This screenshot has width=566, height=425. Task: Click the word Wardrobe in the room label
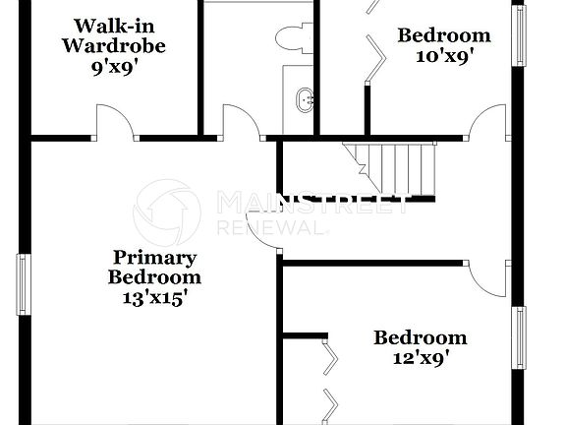pyautogui.click(x=113, y=45)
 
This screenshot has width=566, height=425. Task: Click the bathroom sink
pyautogui.click(x=306, y=98)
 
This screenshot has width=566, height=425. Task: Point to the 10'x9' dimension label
pyautogui.click(x=443, y=56)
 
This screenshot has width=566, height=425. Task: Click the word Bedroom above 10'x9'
pyautogui.click(x=443, y=36)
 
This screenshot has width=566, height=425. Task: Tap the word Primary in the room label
pyautogui.click(x=154, y=258)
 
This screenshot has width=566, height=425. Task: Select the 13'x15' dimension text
pyautogui.click(x=154, y=297)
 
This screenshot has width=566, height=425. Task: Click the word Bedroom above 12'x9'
pyautogui.click(x=420, y=338)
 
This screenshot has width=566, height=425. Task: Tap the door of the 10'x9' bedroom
pyautogui.click(x=486, y=123)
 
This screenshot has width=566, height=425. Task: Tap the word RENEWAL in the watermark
pyautogui.click(x=269, y=228)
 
